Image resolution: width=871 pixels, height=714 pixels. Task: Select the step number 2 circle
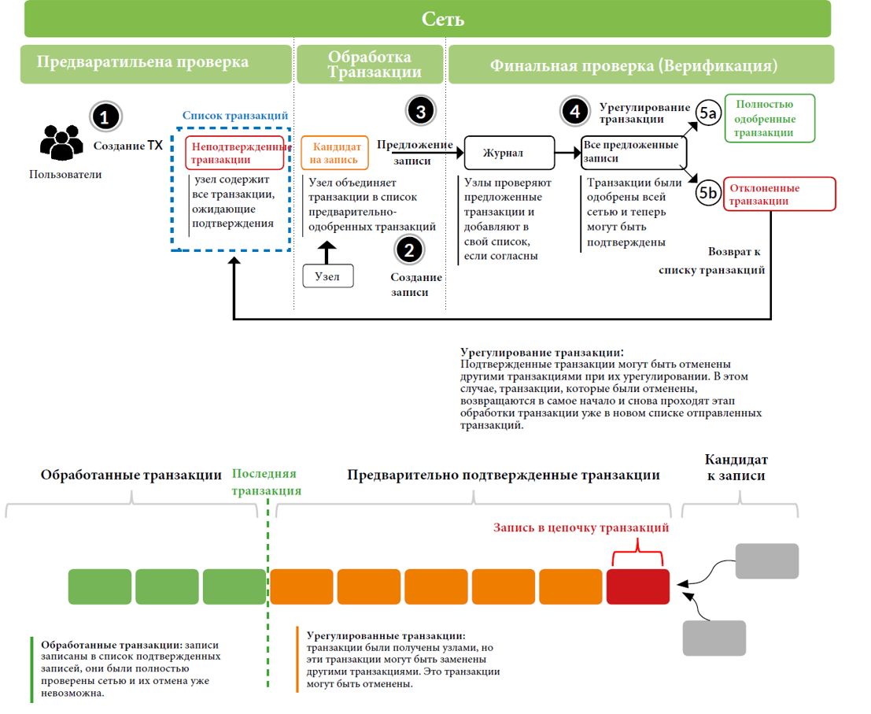pyautogui.click(x=408, y=250)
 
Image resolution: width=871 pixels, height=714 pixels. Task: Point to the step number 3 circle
pyautogui.click(x=420, y=112)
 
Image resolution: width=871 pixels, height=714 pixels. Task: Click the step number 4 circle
pyautogui.click(x=575, y=112)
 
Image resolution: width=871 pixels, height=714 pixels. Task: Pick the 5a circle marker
pyautogui.click(x=708, y=115)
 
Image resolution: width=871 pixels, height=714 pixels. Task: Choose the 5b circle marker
pyautogui.click(x=708, y=193)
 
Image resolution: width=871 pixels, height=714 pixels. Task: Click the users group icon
pyautogui.click(x=61, y=143)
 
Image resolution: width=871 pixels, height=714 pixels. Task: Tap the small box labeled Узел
pyautogui.click(x=327, y=276)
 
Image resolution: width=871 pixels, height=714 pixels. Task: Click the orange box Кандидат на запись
pyautogui.click(x=334, y=153)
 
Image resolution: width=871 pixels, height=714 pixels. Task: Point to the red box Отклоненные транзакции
pyautogui.click(x=779, y=194)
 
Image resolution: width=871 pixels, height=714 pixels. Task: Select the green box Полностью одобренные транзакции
pyautogui.click(x=770, y=119)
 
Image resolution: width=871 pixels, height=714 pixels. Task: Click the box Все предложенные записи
pyautogui.click(x=633, y=152)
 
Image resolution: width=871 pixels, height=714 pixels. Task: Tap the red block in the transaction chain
pyautogui.click(x=637, y=586)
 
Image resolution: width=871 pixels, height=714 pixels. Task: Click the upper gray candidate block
pyautogui.click(x=766, y=561)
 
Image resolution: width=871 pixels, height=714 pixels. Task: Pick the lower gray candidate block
pyautogui.click(x=714, y=638)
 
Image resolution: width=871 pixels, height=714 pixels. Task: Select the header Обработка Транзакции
pyautogui.click(x=369, y=65)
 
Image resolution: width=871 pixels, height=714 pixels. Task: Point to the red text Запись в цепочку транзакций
pyautogui.click(x=581, y=528)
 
